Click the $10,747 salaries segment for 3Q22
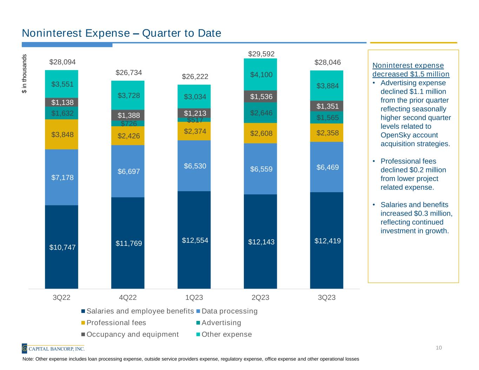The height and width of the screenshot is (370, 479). click(61, 247)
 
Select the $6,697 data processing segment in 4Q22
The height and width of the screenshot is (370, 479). click(128, 171)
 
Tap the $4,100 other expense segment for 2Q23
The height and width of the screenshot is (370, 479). click(260, 75)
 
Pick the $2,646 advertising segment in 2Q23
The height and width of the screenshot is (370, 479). click(260, 113)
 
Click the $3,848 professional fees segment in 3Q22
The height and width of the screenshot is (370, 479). click(61, 134)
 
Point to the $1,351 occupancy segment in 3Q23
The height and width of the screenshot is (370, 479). click(327, 106)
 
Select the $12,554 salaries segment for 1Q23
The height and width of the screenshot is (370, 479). click(194, 240)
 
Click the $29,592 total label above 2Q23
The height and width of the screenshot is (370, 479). click(260, 54)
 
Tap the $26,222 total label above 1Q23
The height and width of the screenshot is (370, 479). click(194, 76)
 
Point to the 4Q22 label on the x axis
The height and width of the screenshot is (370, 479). click(128, 298)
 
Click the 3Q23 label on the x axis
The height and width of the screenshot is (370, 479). click(327, 298)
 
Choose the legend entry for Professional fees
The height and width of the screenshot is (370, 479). click(116, 323)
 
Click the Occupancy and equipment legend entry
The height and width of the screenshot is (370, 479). click(133, 334)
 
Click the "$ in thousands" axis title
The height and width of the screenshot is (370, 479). click(24, 74)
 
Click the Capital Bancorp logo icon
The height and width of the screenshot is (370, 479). click(25, 348)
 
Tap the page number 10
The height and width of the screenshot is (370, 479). click(439, 348)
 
